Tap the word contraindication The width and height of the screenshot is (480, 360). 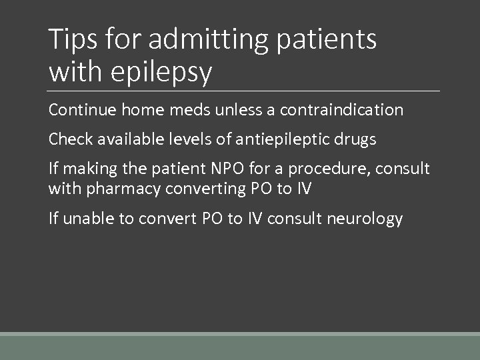click(341, 109)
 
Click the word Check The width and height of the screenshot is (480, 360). click(69, 139)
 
